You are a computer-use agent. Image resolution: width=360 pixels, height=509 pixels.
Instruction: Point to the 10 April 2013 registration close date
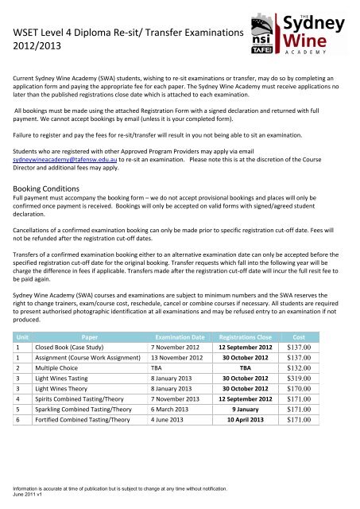[250, 414]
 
